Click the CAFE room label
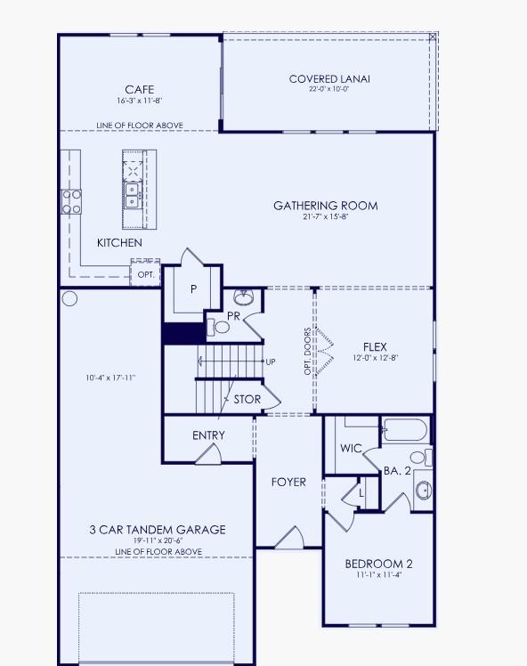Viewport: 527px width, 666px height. [139, 89]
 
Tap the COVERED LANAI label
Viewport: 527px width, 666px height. [329, 79]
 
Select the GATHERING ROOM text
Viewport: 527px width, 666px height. [325, 206]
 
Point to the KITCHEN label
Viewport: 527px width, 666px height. [119, 242]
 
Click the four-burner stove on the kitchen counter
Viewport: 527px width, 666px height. [71, 201]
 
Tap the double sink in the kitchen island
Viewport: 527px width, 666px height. [132, 194]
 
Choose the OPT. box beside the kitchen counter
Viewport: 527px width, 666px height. [146, 274]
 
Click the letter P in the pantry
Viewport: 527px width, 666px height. [192, 289]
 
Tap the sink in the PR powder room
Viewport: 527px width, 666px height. [243, 296]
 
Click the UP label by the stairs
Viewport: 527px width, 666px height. [270, 361]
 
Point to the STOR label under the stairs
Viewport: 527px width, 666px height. [247, 400]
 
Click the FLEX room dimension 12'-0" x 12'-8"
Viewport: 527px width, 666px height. [375, 359]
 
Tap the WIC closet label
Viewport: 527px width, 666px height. [351, 448]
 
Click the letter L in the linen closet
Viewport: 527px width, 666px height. [361, 490]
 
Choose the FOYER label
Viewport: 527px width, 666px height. [288, 482]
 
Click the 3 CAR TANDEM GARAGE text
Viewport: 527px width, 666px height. [158, 530]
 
